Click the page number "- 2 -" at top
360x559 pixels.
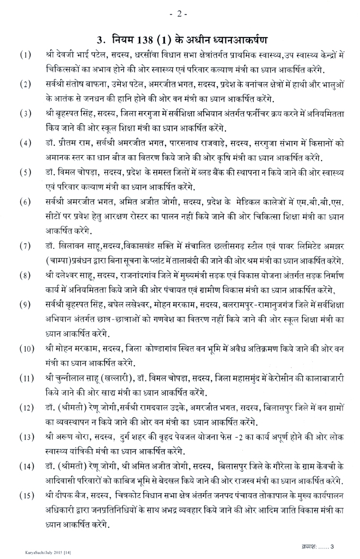point(178,13)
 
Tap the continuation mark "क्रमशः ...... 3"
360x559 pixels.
point(320,546)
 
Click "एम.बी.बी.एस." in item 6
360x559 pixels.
point(320,202)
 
